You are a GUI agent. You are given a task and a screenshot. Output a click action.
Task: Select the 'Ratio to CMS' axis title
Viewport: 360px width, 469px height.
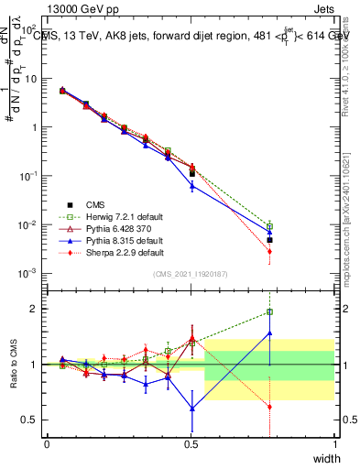(16, 365)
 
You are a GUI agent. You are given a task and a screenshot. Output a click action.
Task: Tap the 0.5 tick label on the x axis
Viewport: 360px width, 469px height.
(191, 443)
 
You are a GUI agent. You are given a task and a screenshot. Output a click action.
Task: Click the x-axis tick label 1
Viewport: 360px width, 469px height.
(334, 443)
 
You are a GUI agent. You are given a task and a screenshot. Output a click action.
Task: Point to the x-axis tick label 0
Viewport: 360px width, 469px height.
(47, 443)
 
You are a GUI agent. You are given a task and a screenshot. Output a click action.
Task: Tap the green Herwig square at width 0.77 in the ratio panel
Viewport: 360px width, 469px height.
(269, 312)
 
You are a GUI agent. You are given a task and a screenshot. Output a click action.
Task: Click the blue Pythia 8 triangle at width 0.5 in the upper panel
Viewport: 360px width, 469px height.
(191, 186)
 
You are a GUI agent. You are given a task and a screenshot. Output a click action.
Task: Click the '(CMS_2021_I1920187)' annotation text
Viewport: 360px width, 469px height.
(190, 274)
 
